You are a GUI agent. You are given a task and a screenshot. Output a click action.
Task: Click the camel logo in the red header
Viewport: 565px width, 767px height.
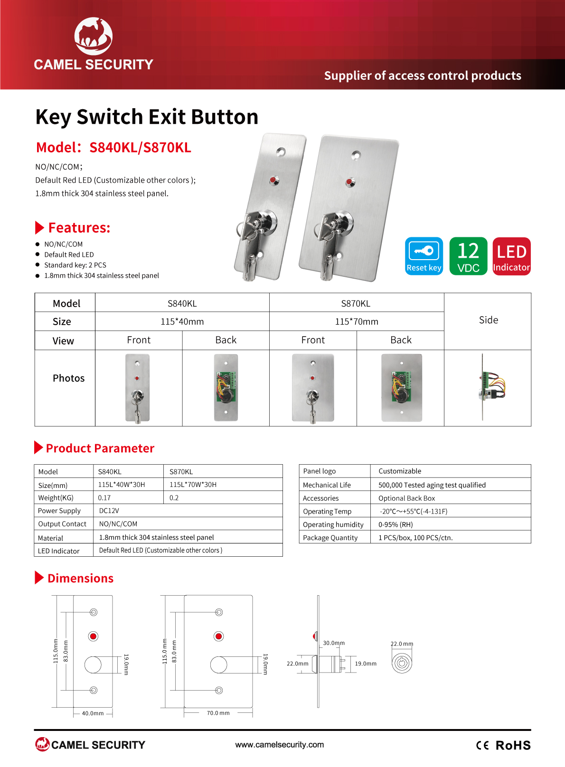(x=94, y=36)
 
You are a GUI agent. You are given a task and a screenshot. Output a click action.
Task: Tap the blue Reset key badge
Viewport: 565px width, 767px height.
(x=424, y=256)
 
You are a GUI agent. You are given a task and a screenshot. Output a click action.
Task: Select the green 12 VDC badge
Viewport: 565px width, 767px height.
(x=468, y=256)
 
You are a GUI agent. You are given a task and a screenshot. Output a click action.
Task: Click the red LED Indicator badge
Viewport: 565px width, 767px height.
(x=511, y=256)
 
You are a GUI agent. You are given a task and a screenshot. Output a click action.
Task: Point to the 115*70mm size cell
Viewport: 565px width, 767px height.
(x=357, y=321)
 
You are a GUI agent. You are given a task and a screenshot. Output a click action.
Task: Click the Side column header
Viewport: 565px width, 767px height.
(x=488, y=320)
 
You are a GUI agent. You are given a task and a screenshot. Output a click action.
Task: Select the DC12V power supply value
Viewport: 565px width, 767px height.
(x=109, y=511)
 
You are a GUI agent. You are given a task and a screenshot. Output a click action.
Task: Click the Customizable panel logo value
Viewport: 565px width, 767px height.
(x=400, y=471)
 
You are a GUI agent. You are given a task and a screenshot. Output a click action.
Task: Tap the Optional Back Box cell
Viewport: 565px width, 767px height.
(x=406, y=498)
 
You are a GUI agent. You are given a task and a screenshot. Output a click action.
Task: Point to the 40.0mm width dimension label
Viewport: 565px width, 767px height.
(x=93, y=713)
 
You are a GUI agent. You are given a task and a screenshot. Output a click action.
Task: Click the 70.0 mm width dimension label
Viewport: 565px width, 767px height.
(x=218, y=713)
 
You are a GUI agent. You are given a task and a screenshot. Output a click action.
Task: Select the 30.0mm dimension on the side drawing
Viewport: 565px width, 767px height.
(x=334, y=643)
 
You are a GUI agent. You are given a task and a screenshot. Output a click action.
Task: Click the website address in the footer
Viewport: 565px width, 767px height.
(x=280, y=744)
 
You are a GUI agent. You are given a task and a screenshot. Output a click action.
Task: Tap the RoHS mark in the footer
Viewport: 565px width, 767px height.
(x=513, y=745)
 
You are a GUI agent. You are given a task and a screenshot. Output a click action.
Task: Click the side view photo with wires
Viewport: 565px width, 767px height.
(x=492, y=387)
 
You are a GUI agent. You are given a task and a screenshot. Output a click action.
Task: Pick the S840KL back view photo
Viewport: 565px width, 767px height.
(x=226, y=388)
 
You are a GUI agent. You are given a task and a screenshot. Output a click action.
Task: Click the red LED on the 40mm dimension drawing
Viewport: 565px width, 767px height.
(x=93, y=636)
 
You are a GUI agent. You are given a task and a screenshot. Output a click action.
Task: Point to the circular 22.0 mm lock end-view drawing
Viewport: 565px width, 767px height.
(x=402, y=663)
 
